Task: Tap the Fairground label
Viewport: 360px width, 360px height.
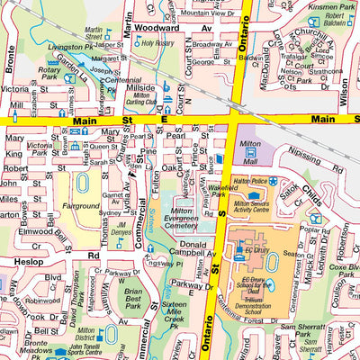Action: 81,206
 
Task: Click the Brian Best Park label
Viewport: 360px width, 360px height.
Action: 134,298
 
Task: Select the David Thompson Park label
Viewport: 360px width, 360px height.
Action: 40,301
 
